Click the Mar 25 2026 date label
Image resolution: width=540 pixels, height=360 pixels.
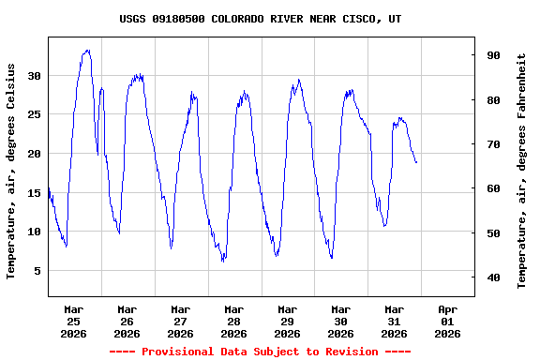click(73, 321)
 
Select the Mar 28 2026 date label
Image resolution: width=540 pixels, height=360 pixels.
click(234, 321)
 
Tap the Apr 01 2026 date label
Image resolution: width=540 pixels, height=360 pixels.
click(448, 321)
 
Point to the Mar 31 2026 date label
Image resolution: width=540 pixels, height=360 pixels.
click(395, 321)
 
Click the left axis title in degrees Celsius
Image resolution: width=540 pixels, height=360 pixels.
click(12, 171)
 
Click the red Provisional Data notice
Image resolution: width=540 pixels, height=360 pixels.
click(261, 352)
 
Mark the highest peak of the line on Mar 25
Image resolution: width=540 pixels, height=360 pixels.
click(87, 50)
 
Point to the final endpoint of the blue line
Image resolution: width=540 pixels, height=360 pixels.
click(416, 162)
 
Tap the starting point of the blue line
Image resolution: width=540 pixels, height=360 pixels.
click(49, 187)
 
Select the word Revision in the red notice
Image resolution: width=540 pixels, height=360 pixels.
click(352, 352)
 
